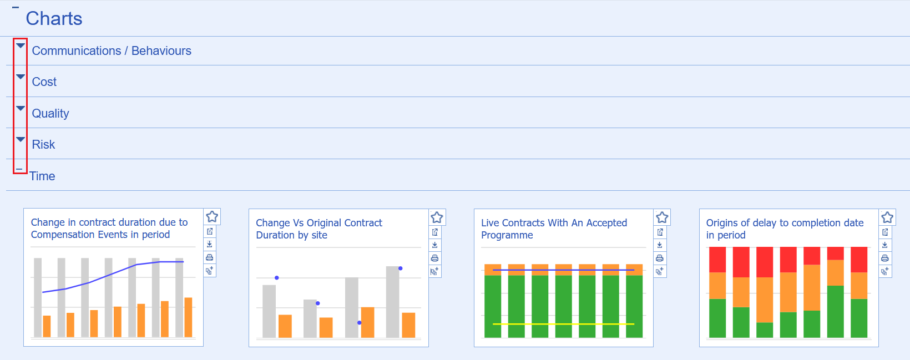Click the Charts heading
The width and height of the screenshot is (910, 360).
pos(54,19)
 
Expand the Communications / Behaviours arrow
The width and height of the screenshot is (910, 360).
pos(21,46)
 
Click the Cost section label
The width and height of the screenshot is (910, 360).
pos(44,82)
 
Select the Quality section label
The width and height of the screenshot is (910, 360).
pos(50,114)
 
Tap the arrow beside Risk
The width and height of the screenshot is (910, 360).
pos(21,140)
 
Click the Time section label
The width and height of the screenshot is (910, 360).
pos(42,176)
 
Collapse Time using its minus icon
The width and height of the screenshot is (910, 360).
pos(19,169)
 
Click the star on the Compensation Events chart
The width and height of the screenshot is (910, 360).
pos(212,216)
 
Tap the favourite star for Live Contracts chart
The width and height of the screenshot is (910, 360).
pos(662,217)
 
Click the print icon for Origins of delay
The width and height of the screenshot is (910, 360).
pos(885,258)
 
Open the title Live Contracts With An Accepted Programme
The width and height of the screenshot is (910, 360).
pos(554,229)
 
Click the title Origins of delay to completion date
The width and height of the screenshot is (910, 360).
pos(785,229)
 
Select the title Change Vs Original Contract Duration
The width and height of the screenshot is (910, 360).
pos(318,229)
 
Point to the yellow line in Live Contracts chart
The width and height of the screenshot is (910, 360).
pos(563,324)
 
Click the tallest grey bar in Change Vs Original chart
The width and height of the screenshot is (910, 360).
pos(393,302)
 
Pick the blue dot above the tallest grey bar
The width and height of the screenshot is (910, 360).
pos(400,268)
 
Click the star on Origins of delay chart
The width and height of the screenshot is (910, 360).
pos(887,217)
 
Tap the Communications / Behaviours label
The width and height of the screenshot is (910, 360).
pos(112,51)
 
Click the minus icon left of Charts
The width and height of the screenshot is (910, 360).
pos(16,8)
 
